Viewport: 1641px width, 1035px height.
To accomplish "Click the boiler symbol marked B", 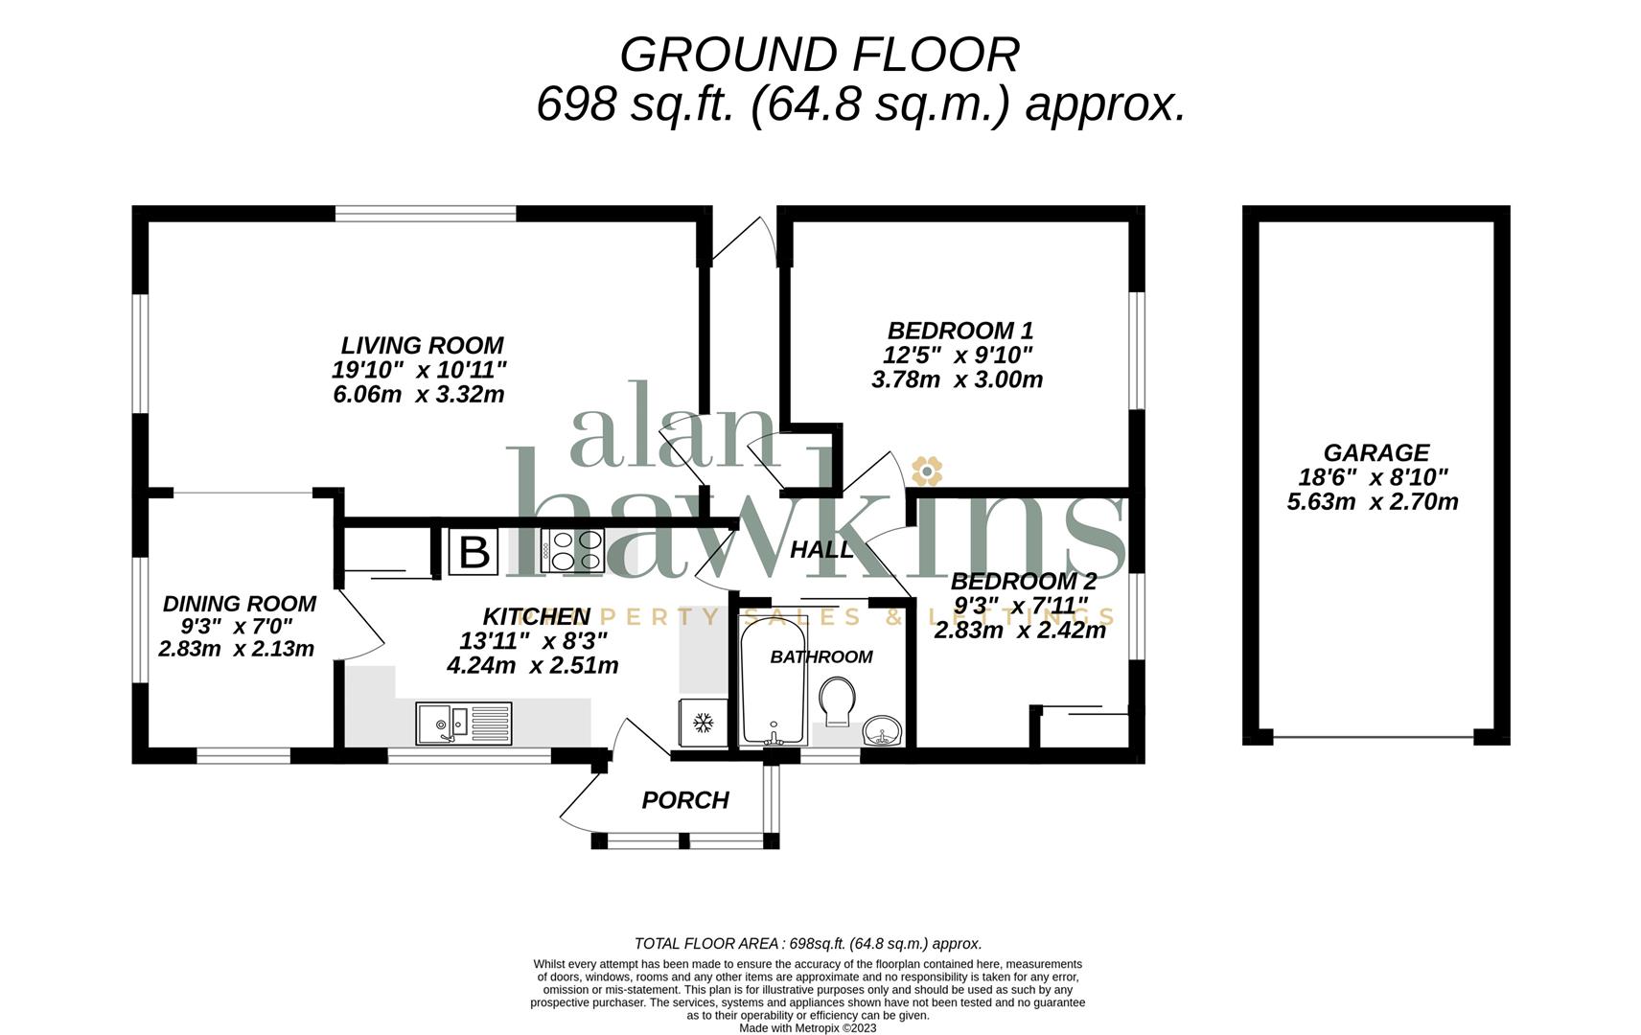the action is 474,551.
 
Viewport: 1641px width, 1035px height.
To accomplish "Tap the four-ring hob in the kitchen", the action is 573,550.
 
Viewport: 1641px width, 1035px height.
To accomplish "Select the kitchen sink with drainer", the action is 464,724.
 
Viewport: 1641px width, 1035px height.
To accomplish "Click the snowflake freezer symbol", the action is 704,724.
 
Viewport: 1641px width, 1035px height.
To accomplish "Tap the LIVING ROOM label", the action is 422,345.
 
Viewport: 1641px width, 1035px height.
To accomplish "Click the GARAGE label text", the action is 1375,452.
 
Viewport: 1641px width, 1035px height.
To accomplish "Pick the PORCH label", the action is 685,800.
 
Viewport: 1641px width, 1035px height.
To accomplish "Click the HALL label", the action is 822,549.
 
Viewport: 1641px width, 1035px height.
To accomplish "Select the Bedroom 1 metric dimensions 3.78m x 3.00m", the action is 957,379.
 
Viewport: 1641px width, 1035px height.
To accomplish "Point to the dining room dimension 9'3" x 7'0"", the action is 237,627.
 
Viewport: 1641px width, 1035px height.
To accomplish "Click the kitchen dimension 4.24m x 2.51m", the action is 533,665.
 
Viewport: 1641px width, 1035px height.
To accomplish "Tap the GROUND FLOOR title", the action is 819,55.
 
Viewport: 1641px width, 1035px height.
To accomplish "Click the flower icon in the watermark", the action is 927,471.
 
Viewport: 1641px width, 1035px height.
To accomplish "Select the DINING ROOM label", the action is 240,604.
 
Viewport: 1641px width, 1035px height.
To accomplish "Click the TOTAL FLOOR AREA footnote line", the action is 807,943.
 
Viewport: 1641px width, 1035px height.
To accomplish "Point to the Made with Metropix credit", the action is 807,1027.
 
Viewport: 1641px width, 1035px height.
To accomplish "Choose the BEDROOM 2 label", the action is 1024,582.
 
